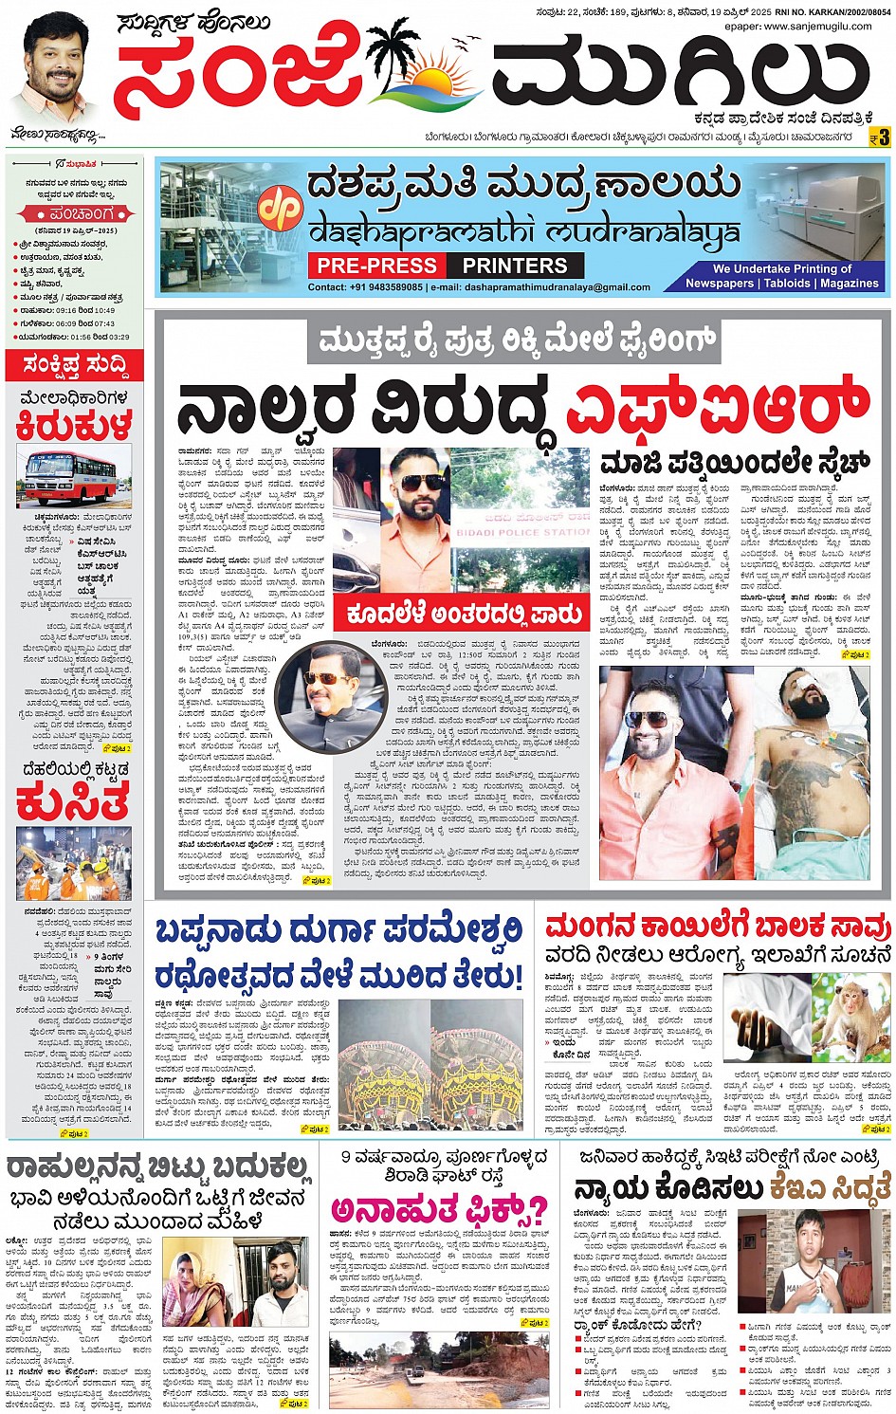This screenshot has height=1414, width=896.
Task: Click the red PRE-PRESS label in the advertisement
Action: click(376, 266)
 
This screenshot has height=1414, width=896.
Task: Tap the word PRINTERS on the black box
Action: click(515, 266)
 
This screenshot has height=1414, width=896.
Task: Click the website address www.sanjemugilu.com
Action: click(817, 27)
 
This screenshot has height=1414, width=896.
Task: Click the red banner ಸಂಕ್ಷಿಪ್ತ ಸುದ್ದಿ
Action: click(74, 365)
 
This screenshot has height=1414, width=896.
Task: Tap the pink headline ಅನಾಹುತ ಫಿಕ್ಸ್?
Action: click(439, 1210)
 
